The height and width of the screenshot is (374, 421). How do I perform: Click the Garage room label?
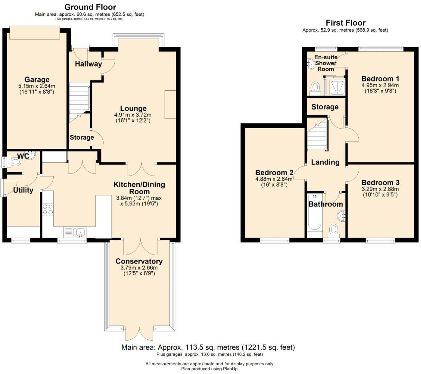click(x=37, y=79)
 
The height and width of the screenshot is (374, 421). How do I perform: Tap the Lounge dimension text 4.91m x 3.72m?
click(x=133, y=115)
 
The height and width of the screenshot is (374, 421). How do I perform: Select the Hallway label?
click(x=89, y=64)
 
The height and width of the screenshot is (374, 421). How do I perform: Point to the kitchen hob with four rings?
click(x=48, y=210)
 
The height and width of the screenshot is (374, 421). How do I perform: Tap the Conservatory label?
click(x=139, y=261)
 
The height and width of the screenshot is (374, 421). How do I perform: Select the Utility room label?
click(x=23, y=190)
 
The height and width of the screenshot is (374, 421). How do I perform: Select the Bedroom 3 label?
click(x=380, y=182)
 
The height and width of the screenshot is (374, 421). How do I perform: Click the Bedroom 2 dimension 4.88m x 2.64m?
click(x=274, y=179)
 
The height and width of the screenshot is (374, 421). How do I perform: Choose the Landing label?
click(x=325, y=162)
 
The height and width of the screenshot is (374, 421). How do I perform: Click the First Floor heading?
click(x=346, y=23)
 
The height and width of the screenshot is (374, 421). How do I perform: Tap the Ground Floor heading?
click(x=90, y=7)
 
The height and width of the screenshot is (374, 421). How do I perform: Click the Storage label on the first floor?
click(x=325, y=107)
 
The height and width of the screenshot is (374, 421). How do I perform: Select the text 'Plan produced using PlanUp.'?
click(x=210, y=369)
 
